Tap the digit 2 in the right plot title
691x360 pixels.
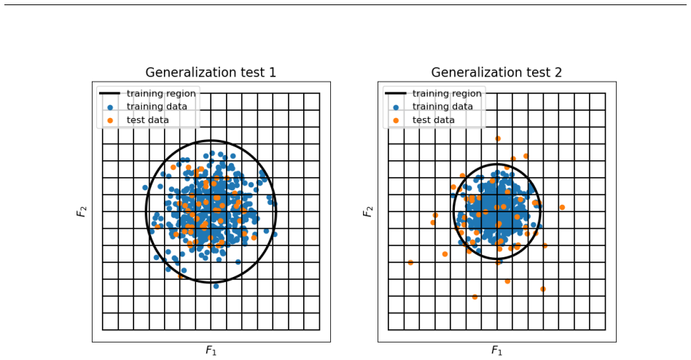pos(558,72)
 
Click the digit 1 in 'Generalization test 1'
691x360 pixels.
pos(273,72)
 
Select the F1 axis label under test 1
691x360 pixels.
pos(211,351)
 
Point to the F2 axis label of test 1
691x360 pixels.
pos(82,211)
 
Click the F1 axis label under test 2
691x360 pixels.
pos(496,351)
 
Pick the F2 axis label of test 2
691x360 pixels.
pos(367,211)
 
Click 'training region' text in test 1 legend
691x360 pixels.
pos(161,93)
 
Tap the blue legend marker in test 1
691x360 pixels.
pos(110,107)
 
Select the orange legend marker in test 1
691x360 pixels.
pos(110,120)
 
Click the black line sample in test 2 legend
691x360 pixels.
pos(395,93)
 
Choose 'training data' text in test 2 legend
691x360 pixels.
pos(442,106)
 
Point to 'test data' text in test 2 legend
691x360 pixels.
pos(433,120)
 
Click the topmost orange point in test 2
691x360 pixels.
pos(498,138)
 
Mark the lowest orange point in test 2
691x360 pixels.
pos(475,297)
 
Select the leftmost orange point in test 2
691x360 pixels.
pos(410,262)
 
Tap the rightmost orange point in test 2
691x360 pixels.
pos(562,207)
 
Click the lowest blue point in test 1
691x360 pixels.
pos(216,286)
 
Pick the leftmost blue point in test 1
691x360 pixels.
pos(145,188)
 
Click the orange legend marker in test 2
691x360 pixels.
pos(396,120)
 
